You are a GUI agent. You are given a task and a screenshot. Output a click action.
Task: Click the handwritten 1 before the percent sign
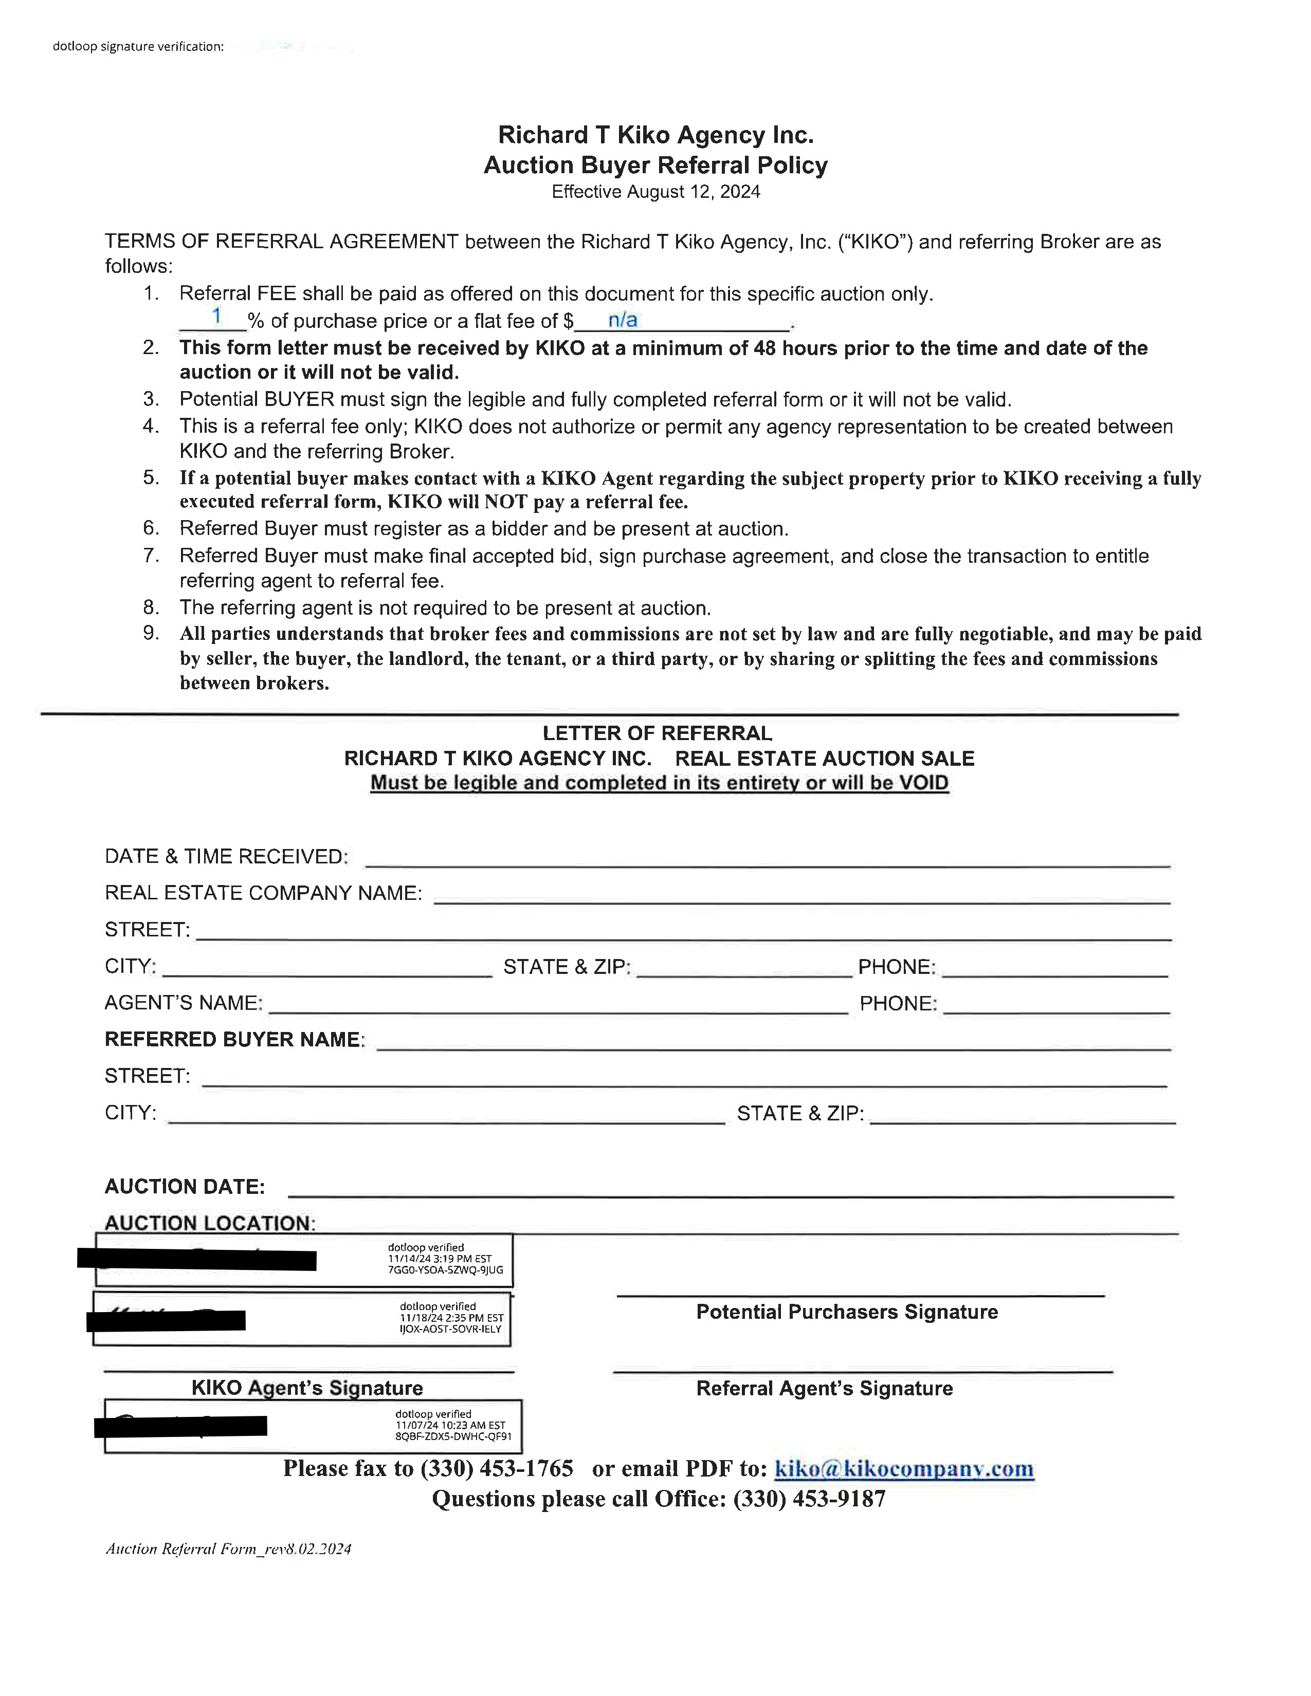pyautogui.click(x=216, y=316)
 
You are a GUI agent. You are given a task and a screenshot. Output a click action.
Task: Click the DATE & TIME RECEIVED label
pyautogui.click(x=226, y=857)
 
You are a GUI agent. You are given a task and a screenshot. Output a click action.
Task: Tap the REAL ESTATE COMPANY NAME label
pyautogui.click(x=263, y=893)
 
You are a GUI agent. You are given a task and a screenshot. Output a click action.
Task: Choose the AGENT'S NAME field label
pyautogui.click(x=184, y=1003)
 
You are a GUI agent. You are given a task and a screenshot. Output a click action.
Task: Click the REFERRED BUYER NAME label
pyautogui.click(x=234, y=1040)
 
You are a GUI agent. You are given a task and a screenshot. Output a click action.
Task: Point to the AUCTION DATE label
pyautogui.click(x=185, y=1187)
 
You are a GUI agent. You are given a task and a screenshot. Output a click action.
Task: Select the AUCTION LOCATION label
pyautogui.click(x=210, y=1223)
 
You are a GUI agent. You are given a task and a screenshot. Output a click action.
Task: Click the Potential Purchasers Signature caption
pyautogui.click(x=847, y=1313)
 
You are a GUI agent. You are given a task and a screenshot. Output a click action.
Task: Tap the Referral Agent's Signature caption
pyautogui.click(x=824, y=1389)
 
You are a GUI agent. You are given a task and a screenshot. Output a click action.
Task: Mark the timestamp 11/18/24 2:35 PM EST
pyautogui.click(x=451, y=1318)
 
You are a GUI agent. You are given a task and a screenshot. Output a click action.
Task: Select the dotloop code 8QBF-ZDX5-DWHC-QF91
pyautogui.click(x=453, y=1436)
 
